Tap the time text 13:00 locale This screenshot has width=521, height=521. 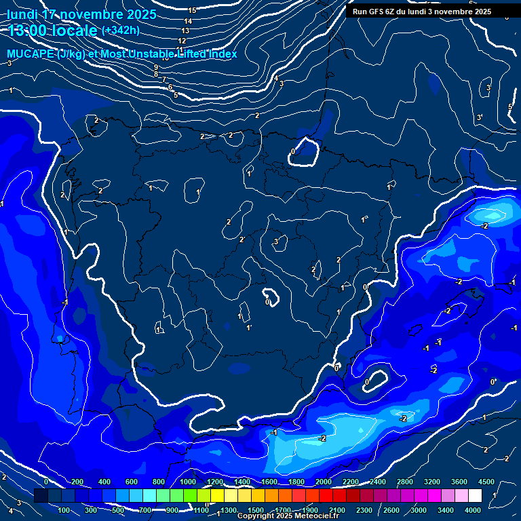point(53,30)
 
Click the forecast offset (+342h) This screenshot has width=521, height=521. point(121,31)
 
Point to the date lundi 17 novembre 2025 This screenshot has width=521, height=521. point(81,14)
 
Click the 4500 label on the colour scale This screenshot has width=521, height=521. point(486,482)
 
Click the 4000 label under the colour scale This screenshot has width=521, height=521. point(474,510)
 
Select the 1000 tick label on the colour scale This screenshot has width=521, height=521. point(188,482)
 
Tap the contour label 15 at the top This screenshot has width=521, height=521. point(192,10)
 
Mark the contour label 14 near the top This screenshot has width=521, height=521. point(188,21)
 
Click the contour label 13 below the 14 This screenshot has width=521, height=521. point(185,31)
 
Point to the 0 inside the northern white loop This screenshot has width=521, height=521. point(292,151)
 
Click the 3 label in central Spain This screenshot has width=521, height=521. point(276,242)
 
